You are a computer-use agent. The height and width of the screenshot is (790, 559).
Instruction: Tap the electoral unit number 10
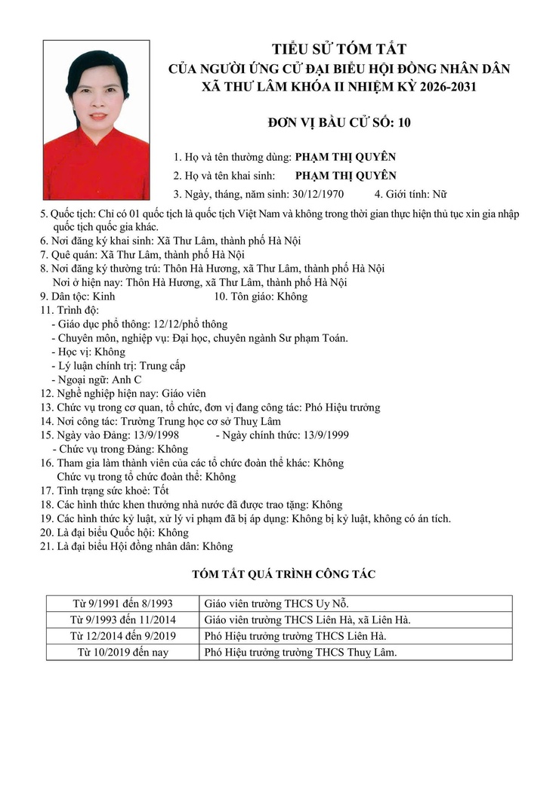pos(403,122)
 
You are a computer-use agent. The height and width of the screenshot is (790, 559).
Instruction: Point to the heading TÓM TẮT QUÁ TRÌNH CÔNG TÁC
pos(283,574)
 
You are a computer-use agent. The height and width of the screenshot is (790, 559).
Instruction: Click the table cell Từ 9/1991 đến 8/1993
pos(122,604)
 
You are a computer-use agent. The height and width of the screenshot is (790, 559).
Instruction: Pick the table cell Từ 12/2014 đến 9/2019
pos(122,636)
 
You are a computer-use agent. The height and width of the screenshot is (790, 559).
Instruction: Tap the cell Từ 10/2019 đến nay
pos(122,652)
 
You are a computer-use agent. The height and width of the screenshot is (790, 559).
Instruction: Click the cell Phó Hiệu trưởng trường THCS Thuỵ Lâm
pos(301,652)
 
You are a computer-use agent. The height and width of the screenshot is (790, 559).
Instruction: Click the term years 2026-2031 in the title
pos(440,87)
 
